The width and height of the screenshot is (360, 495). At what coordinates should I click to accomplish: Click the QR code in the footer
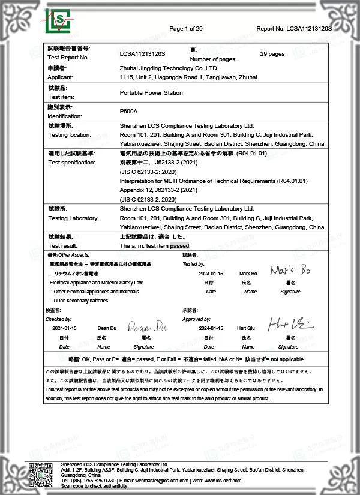(x=41, y=476)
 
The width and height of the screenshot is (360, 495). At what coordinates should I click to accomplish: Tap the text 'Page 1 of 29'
(x=186, y=29)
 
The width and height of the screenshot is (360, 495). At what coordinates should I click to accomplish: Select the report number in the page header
(x=294, y=29)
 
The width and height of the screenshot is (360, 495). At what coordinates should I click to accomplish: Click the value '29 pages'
(x=272, y=54)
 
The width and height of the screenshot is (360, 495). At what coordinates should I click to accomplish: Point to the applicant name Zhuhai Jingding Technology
(x=167, y=68)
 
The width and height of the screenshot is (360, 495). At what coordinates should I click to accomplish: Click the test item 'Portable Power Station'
(x=151, y=93)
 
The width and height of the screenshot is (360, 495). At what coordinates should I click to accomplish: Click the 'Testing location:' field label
(x=70, y=135)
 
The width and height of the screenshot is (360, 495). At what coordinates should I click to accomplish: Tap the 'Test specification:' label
(x=71, y=163)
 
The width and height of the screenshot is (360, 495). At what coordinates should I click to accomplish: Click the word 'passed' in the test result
(x=180, y=246)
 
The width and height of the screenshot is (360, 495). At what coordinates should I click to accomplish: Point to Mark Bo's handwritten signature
(x=290, y=270)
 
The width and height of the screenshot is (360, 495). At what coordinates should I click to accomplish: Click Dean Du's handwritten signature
(x=148, y=328)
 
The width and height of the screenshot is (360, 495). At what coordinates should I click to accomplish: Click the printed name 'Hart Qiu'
(x=247, y=329)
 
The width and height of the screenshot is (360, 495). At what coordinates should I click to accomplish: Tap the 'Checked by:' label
(x=59, y=319)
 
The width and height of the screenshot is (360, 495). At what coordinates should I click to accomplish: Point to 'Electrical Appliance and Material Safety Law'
(x=95, y=282)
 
